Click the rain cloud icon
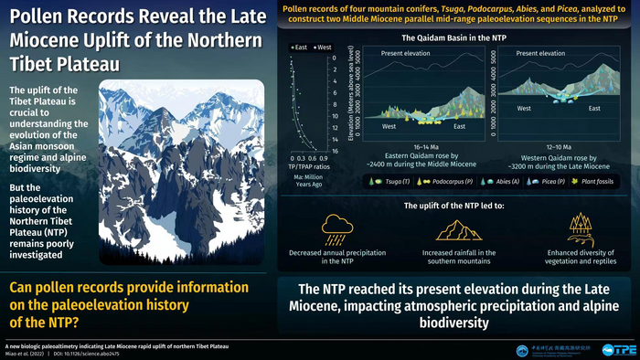(336, 227)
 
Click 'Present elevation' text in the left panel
(390, 54)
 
